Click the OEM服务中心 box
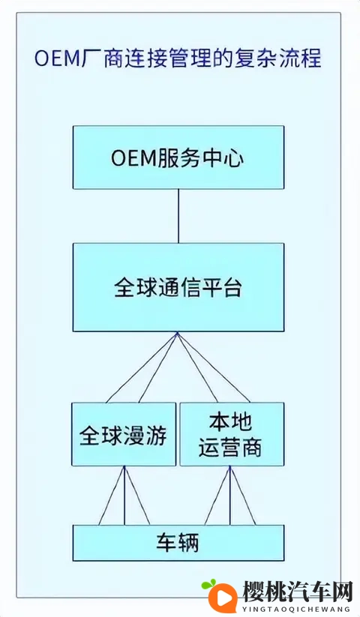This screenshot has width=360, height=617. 178,157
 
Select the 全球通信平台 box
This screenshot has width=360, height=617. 178,288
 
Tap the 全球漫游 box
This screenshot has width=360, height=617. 124,435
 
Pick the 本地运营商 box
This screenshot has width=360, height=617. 231,435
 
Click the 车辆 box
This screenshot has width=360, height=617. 178,543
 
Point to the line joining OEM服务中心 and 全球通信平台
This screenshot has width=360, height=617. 178,216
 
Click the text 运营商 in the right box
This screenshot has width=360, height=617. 231,448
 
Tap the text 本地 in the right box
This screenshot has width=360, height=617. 231,421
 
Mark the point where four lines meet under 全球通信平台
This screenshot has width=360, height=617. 178,334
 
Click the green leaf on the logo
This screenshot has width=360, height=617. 208,583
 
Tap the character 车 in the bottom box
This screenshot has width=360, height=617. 166,543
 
